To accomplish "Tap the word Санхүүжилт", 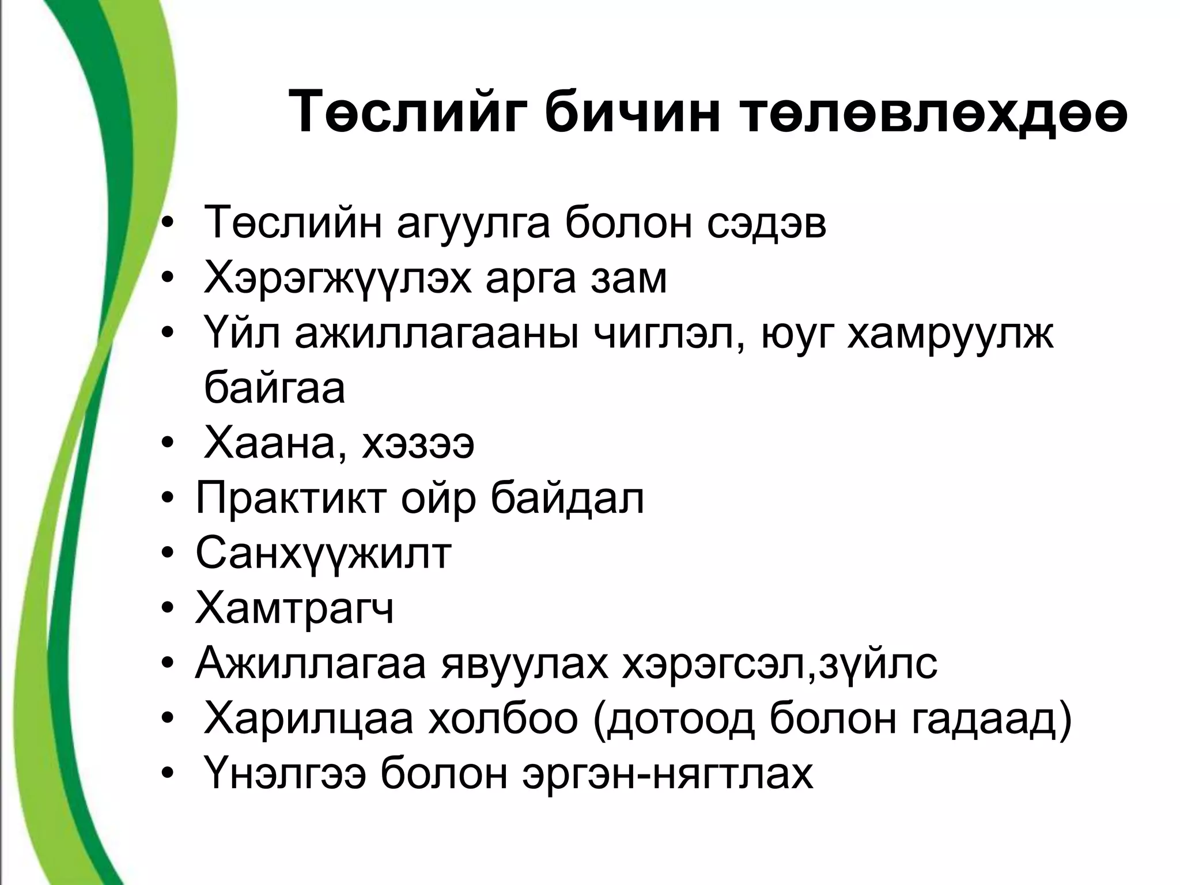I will click(323, 554).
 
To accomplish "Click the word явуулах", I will click(524, 664).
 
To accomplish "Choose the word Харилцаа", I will click(309, 719).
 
